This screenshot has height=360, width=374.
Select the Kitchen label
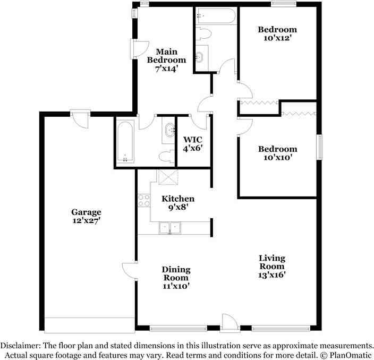[177, 199]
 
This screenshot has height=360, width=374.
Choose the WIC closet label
[193, 140]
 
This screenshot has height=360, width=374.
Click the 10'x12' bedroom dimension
[277, 38]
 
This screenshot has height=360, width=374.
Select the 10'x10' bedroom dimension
[277, 158]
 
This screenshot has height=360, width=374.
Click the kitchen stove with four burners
[143, 200]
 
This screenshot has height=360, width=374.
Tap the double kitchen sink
[169, 228]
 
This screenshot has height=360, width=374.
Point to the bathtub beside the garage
[125, 142]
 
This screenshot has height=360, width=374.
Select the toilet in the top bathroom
[203, 34]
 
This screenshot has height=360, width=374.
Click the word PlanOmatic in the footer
[352, 354]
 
